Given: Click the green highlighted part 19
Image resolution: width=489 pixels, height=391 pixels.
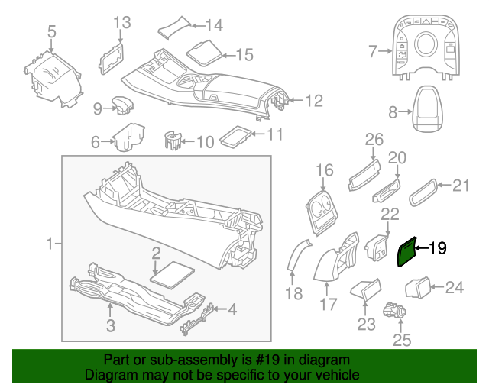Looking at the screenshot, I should (407, 251).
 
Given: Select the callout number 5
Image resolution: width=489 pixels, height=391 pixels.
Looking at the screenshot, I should (51, 31).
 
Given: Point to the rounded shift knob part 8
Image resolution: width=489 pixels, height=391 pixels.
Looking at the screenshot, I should (427, 112).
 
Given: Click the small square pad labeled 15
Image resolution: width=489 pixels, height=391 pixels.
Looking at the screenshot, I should (201, 53).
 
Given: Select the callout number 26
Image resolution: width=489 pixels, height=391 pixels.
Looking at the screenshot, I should (374, 139).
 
